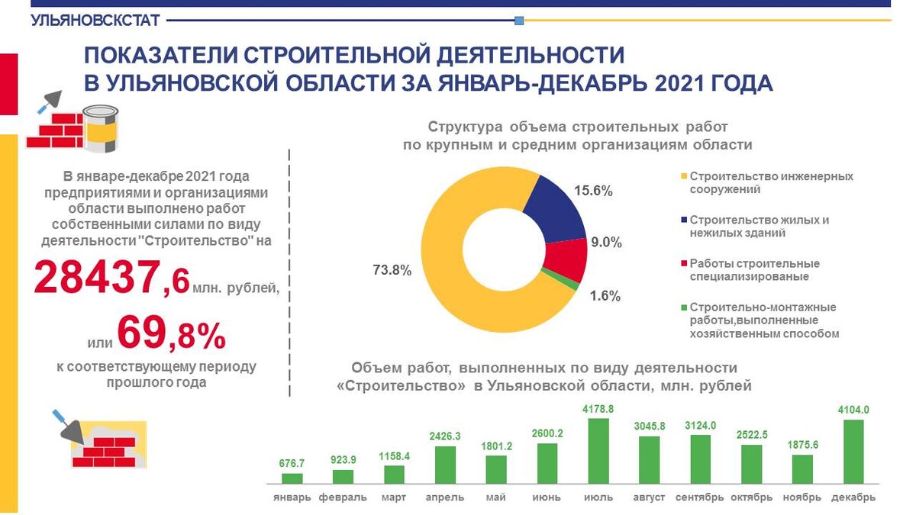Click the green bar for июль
(x=598, y=451)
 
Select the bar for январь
(x=292, y=478)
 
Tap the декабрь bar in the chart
(x=853, y=452)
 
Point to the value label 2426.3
(x=445, y=436)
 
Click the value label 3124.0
(x=701, y=426)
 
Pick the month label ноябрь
(x=802, y=497)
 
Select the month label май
(x=496, y=497)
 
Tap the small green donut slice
(x=560, y=279)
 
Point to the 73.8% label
(x=392, y=270)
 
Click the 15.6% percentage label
(x=593, y=191)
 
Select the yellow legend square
(x=684, y=176)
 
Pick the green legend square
(x=684, y=307)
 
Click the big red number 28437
(x=97, y=277)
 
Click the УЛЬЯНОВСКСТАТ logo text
(x=95, y=21)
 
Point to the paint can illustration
(x=101, y=129)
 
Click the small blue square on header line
(x=519, y=21)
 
